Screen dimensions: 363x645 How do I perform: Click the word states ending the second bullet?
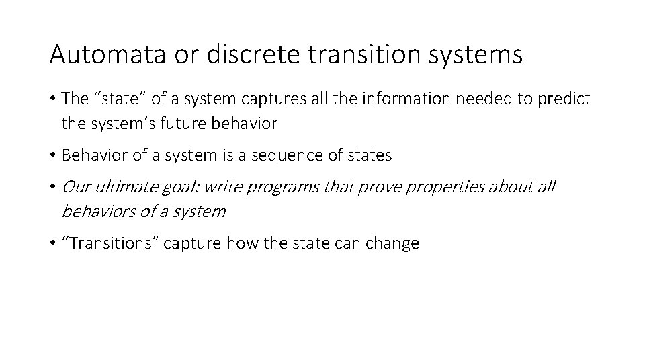coord(371,155)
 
